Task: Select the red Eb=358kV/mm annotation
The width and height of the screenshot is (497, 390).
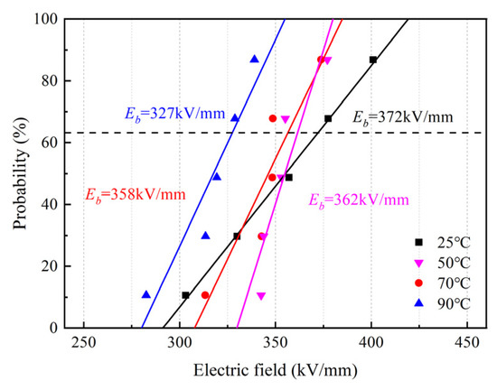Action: pos(135,194)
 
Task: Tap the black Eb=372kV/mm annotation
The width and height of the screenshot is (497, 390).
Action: pos(401,117)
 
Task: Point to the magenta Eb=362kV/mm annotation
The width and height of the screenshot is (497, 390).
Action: pos(359,200)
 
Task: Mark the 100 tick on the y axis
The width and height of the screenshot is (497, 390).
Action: pos(47,19)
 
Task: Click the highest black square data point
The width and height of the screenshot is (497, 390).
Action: pos(373,60)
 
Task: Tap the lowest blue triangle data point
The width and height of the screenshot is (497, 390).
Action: pos(146,294)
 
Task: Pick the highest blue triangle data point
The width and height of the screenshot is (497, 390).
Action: pos(254,60)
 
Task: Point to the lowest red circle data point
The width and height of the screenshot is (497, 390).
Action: pos(205,295)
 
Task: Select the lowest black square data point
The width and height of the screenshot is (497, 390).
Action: pos(185,295)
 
